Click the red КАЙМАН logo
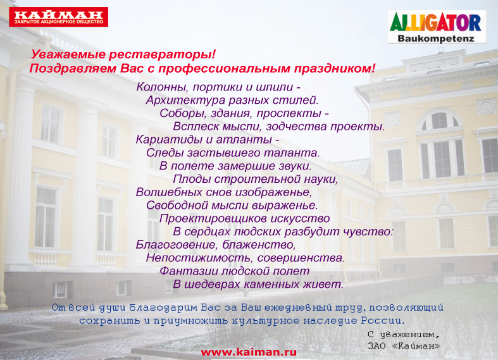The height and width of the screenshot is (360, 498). (x=58, y=17)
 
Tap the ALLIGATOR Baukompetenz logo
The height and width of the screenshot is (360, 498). (x=437, y=27)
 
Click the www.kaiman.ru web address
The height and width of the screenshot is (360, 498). (x=249, y=352)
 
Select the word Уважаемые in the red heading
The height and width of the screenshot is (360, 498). (x=68, y=54)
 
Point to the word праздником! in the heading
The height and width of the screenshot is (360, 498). (x=335, y=68)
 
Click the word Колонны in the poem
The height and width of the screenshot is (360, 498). (x=163, y=87)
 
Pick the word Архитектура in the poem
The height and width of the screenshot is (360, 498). (x=185, y=101)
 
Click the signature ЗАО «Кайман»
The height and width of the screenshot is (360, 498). (x=404, y=345)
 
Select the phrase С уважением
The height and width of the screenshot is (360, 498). (x=404, y=335)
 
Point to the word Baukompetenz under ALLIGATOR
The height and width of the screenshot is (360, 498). (x=436, y=39)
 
